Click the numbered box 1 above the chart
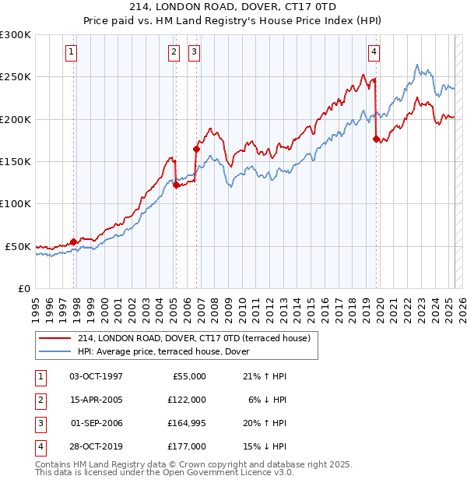(x=71, y=52)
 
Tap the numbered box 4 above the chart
(x=374, y=52)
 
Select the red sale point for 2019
(x=376, y=139)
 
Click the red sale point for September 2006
(x=196, y=150)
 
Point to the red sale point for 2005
(x=176, y=185)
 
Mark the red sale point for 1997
(x=74, y=241)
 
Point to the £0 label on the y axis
(x=23, y=288)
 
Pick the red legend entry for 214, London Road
(x=194, y=338)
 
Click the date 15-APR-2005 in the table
(x=97, y=399)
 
